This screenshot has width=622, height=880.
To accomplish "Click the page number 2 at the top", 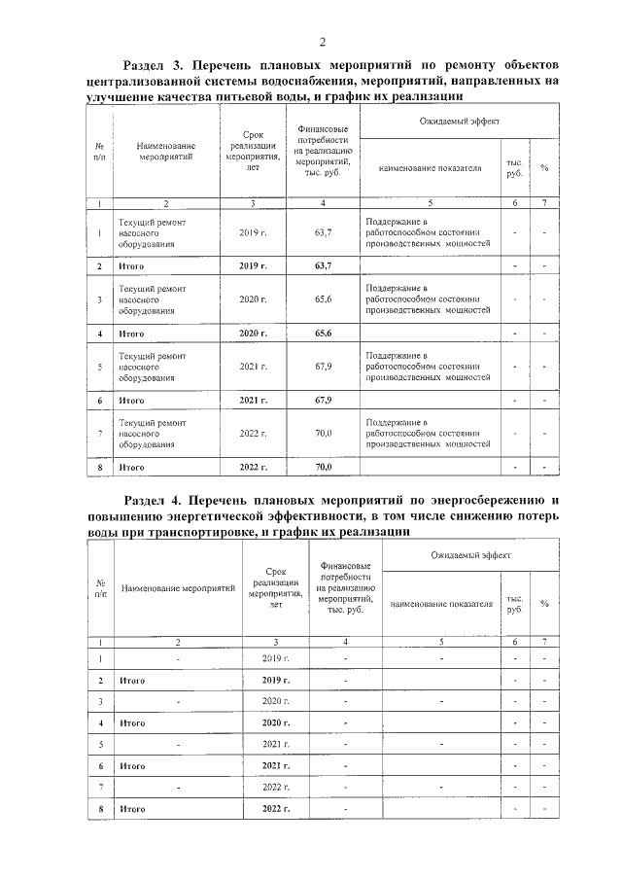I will pyautogui.click(x=322, y=41).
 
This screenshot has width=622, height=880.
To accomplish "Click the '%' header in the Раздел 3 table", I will pyautogui.click(x=544, y=167).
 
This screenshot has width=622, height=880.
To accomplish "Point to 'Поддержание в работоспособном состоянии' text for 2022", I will pyautogui.click(x=425, y=433).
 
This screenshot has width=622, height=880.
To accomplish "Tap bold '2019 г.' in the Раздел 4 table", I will pyautogui.click(x=276, y=681).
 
